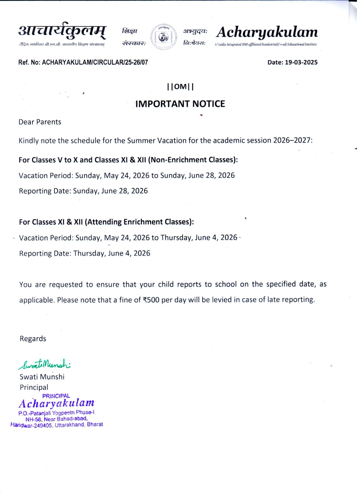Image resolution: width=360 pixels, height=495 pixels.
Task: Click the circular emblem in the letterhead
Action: tap(164, 37)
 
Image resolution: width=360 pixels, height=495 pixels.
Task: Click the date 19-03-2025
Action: tap(301, 62)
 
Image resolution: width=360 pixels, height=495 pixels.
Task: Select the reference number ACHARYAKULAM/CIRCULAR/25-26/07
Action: tap(95, 62)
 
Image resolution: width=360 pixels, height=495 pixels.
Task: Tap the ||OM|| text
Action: tap(180, 87)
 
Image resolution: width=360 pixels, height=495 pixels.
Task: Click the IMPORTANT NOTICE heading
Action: tap(180, 104)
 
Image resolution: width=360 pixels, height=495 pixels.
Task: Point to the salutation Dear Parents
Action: tap(40, 122)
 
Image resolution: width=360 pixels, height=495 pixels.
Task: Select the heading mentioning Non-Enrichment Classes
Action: tap(128, 160)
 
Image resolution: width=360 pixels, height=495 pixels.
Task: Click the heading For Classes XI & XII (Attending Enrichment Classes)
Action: tap(106, 222)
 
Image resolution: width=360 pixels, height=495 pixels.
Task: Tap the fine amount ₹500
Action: tap(151, 300)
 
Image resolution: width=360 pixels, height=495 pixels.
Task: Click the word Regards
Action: tap(33, 339)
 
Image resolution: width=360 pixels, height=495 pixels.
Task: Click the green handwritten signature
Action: tap(45, 364)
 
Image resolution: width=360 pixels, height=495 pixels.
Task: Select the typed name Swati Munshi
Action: tap(42, 377)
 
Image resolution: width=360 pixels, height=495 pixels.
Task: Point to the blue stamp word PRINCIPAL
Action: tap(56, 396)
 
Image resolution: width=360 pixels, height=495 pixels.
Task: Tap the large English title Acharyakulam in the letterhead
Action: tap(267, 32)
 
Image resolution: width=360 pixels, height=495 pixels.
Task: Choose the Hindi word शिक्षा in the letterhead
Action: tap(130, 31)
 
